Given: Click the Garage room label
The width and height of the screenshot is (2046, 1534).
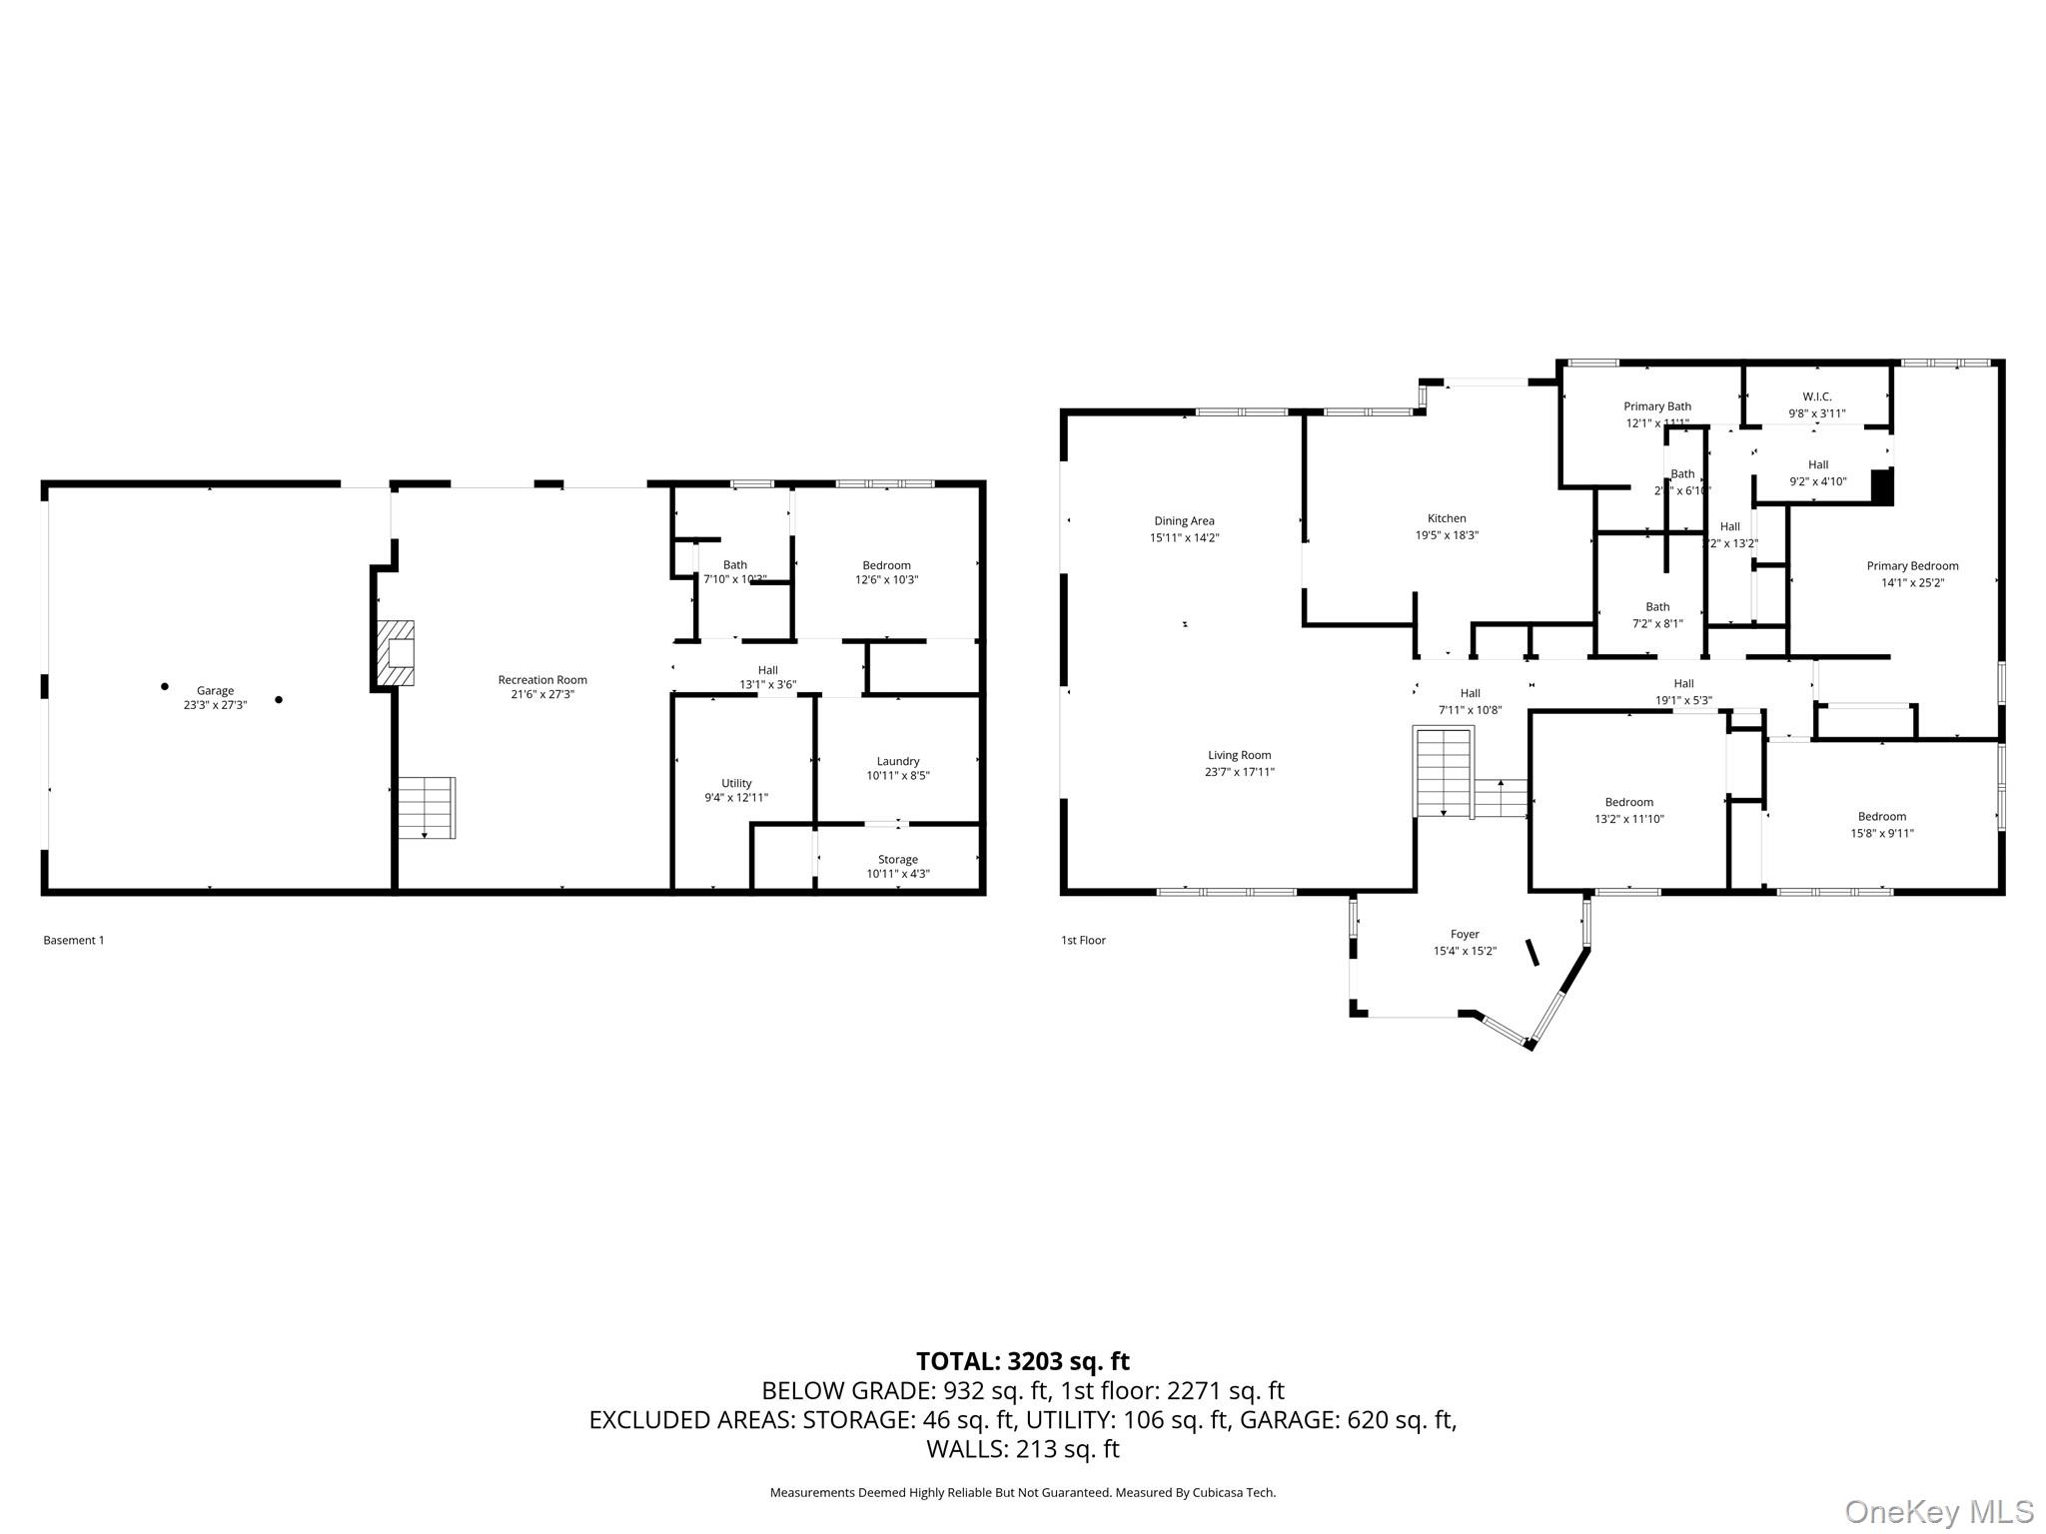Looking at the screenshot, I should pyautogui.click(x=215, y=690).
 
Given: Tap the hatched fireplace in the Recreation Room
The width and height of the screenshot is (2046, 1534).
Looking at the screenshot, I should pyautogui.click(x=396, y=653).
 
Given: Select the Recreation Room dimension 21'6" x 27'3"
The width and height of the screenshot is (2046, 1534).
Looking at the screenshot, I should pyautogui.click(x=542, y=694).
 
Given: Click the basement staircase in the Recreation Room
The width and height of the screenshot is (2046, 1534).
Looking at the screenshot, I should pyautogui.click(x=427, y=807).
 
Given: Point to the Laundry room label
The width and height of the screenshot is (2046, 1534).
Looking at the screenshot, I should pyautogui.click(x=897, y=761).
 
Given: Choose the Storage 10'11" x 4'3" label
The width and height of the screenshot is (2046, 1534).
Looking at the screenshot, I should pyautogui.click(x=897, y=867).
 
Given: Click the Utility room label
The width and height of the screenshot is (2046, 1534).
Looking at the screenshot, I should pyautogui.click(x=736, y=783).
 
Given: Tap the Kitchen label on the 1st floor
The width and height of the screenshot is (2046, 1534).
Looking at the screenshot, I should pyautogui.click(x=1446, y=518).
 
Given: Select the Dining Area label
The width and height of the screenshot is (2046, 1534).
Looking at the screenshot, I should pyautogui.click(x=1184, y=520).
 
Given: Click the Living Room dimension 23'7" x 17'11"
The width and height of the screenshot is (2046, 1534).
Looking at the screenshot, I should pyautogui.click(x=1239, y=772).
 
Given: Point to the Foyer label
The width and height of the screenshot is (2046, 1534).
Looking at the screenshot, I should pyautogui.click(x=1465, y=935).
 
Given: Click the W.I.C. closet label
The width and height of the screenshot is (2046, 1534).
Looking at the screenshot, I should pyautogui.click(x=1816, y=396).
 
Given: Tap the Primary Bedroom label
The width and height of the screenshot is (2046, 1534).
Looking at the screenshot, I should pyautogui.click(x=1912, y=566).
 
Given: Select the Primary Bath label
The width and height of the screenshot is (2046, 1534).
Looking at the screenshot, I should pyautogui.click(x=1656, y=406).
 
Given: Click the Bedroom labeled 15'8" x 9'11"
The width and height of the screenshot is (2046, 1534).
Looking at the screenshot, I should pyautogui.click(x=1881, y=825).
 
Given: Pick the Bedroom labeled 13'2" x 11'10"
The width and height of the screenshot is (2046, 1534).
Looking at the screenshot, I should pyautogui.click(x=1628, y=810).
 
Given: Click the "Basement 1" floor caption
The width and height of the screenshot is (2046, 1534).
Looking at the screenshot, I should pyautogui.click(x=74, y=940).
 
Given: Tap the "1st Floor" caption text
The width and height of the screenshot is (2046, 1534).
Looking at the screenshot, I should pyautogui.click(x=1083, y=940).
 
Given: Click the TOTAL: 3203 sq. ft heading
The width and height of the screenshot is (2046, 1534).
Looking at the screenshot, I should pyautogui.click(x=1022, y=1361).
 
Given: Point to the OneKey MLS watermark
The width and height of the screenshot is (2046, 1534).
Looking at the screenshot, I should pyautogui.click(x=1938, y=1511).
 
